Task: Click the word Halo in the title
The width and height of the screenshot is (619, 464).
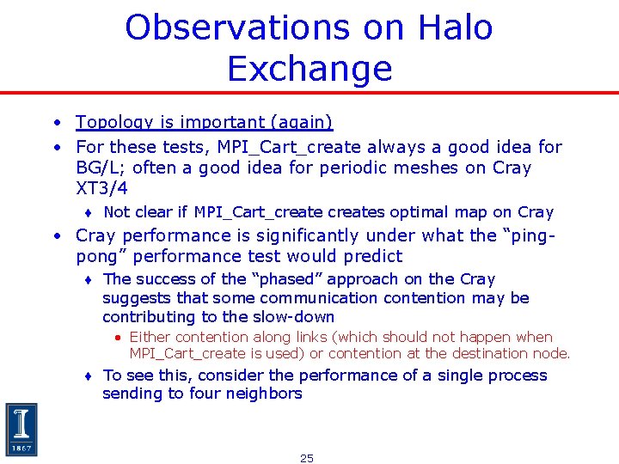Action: pos(454,27)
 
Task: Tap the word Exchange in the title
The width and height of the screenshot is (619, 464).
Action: pos(309,69)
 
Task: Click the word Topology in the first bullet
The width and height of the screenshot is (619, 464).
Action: pos(110,123)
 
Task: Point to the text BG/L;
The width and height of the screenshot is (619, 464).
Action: pos(101,168)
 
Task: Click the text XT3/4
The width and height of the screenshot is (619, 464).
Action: pos(101,188)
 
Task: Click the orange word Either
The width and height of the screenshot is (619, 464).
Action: pos(150,338)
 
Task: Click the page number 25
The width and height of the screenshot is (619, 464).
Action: pos(307,458)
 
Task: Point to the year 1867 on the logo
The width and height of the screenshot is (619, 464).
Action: pos(21,448)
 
